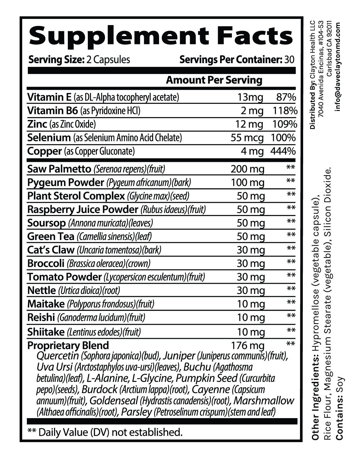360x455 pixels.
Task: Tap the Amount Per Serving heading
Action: point(214,80)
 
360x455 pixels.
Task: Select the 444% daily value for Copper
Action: point(283,152)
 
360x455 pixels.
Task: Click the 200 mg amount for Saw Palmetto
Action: point(247,169)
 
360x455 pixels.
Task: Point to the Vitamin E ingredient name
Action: point(49,97)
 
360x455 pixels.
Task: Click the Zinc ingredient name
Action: point(37,124)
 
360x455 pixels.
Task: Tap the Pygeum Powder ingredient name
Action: point(66,182)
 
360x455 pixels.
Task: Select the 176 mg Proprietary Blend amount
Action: point(247,346)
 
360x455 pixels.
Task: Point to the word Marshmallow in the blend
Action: point(264,401)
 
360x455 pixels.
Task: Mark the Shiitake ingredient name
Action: point(46,332)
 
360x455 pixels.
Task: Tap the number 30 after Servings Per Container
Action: point(289,59)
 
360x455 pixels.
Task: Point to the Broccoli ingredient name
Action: point(46,263)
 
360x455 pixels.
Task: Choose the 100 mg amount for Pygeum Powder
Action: point(247,183)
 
